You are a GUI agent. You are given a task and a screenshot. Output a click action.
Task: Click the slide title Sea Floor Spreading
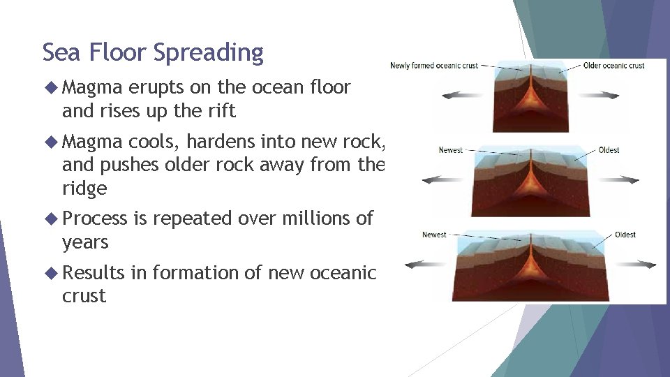coord(153,53)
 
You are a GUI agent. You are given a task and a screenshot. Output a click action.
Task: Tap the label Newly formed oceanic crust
coord(433,66)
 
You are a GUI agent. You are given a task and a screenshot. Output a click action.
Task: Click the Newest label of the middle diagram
coord(450,150)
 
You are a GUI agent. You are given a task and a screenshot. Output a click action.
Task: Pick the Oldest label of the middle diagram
coord(609,150)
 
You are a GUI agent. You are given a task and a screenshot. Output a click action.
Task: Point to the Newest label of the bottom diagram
coord(433,235)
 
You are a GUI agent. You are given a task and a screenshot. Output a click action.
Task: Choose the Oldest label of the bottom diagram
coord(625,235)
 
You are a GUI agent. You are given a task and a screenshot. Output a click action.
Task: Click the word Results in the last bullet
coord(93,272)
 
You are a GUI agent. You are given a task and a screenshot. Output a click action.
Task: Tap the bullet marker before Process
coord(51,219)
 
